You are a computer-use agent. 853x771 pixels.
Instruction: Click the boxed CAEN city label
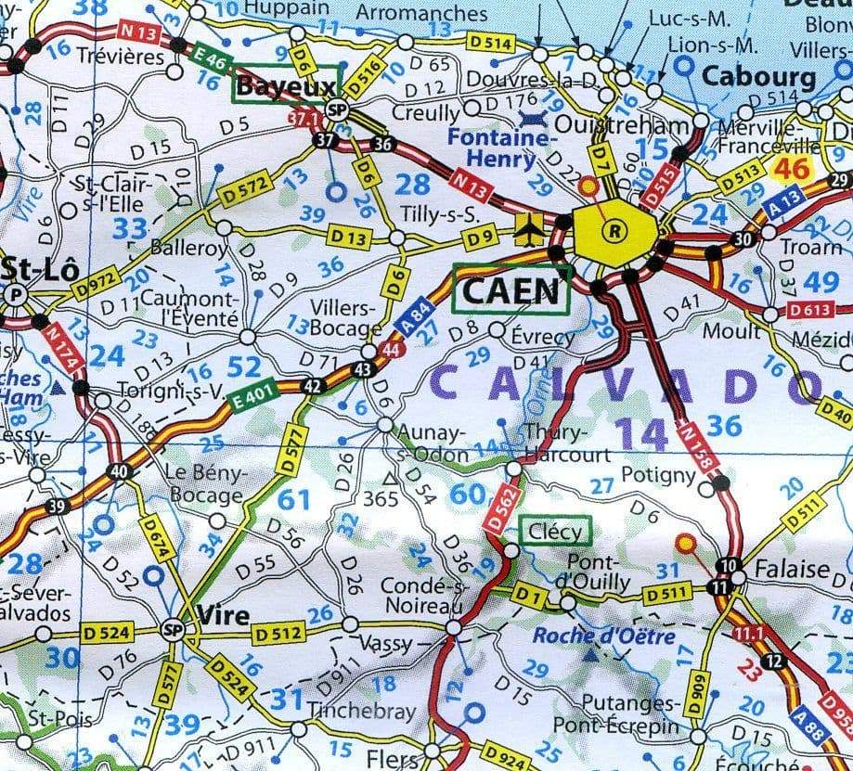coord(511,289)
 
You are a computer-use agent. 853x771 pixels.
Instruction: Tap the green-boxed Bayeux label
coord(286,87)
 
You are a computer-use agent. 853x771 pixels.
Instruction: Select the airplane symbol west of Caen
coord(531,226)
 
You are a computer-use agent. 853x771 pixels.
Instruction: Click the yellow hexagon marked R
coord(614,229)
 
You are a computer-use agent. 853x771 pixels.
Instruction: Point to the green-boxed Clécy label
coord(555,532)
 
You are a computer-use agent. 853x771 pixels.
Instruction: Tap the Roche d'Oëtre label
coord(603,636)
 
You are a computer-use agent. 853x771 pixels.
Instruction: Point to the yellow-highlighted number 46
coord(791,168)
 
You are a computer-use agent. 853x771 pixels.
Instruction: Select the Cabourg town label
coord(758,76)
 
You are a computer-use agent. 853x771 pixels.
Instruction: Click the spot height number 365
coord(381,499)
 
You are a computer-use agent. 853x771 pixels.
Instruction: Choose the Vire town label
coord(224,615)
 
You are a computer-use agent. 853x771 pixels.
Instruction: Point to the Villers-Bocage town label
coord(345,319)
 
